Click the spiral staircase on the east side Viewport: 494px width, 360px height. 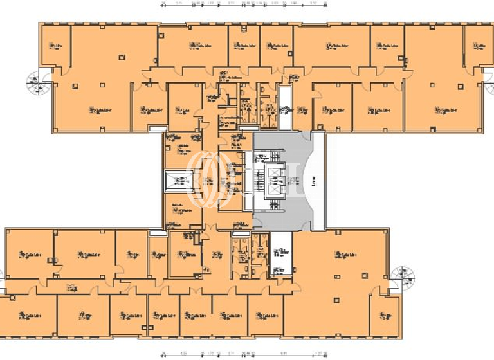pos(403,277)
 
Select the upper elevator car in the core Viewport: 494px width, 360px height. pos(275,173)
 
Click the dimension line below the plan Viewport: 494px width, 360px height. pos(244,352)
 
